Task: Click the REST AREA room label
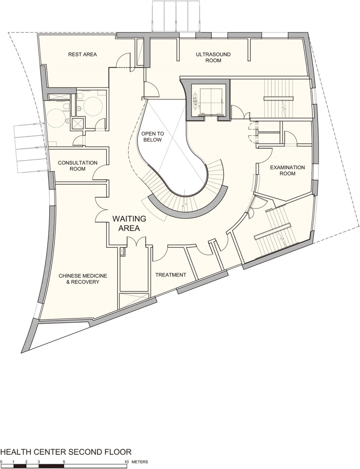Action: tap(82, 54)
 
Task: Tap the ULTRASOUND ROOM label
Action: tap(213, 57)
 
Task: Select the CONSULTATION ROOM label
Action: tap(78, 166)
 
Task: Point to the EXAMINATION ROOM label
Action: tap(288, 171)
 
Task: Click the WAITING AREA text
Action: tap(129, 223)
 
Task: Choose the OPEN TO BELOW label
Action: tap(153, 136)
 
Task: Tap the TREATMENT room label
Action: tap(171, 275)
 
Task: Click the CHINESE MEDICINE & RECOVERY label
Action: tap(83, 279)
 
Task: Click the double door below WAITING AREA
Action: tap(136, 241)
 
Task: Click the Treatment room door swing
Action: tap(160, 254)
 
